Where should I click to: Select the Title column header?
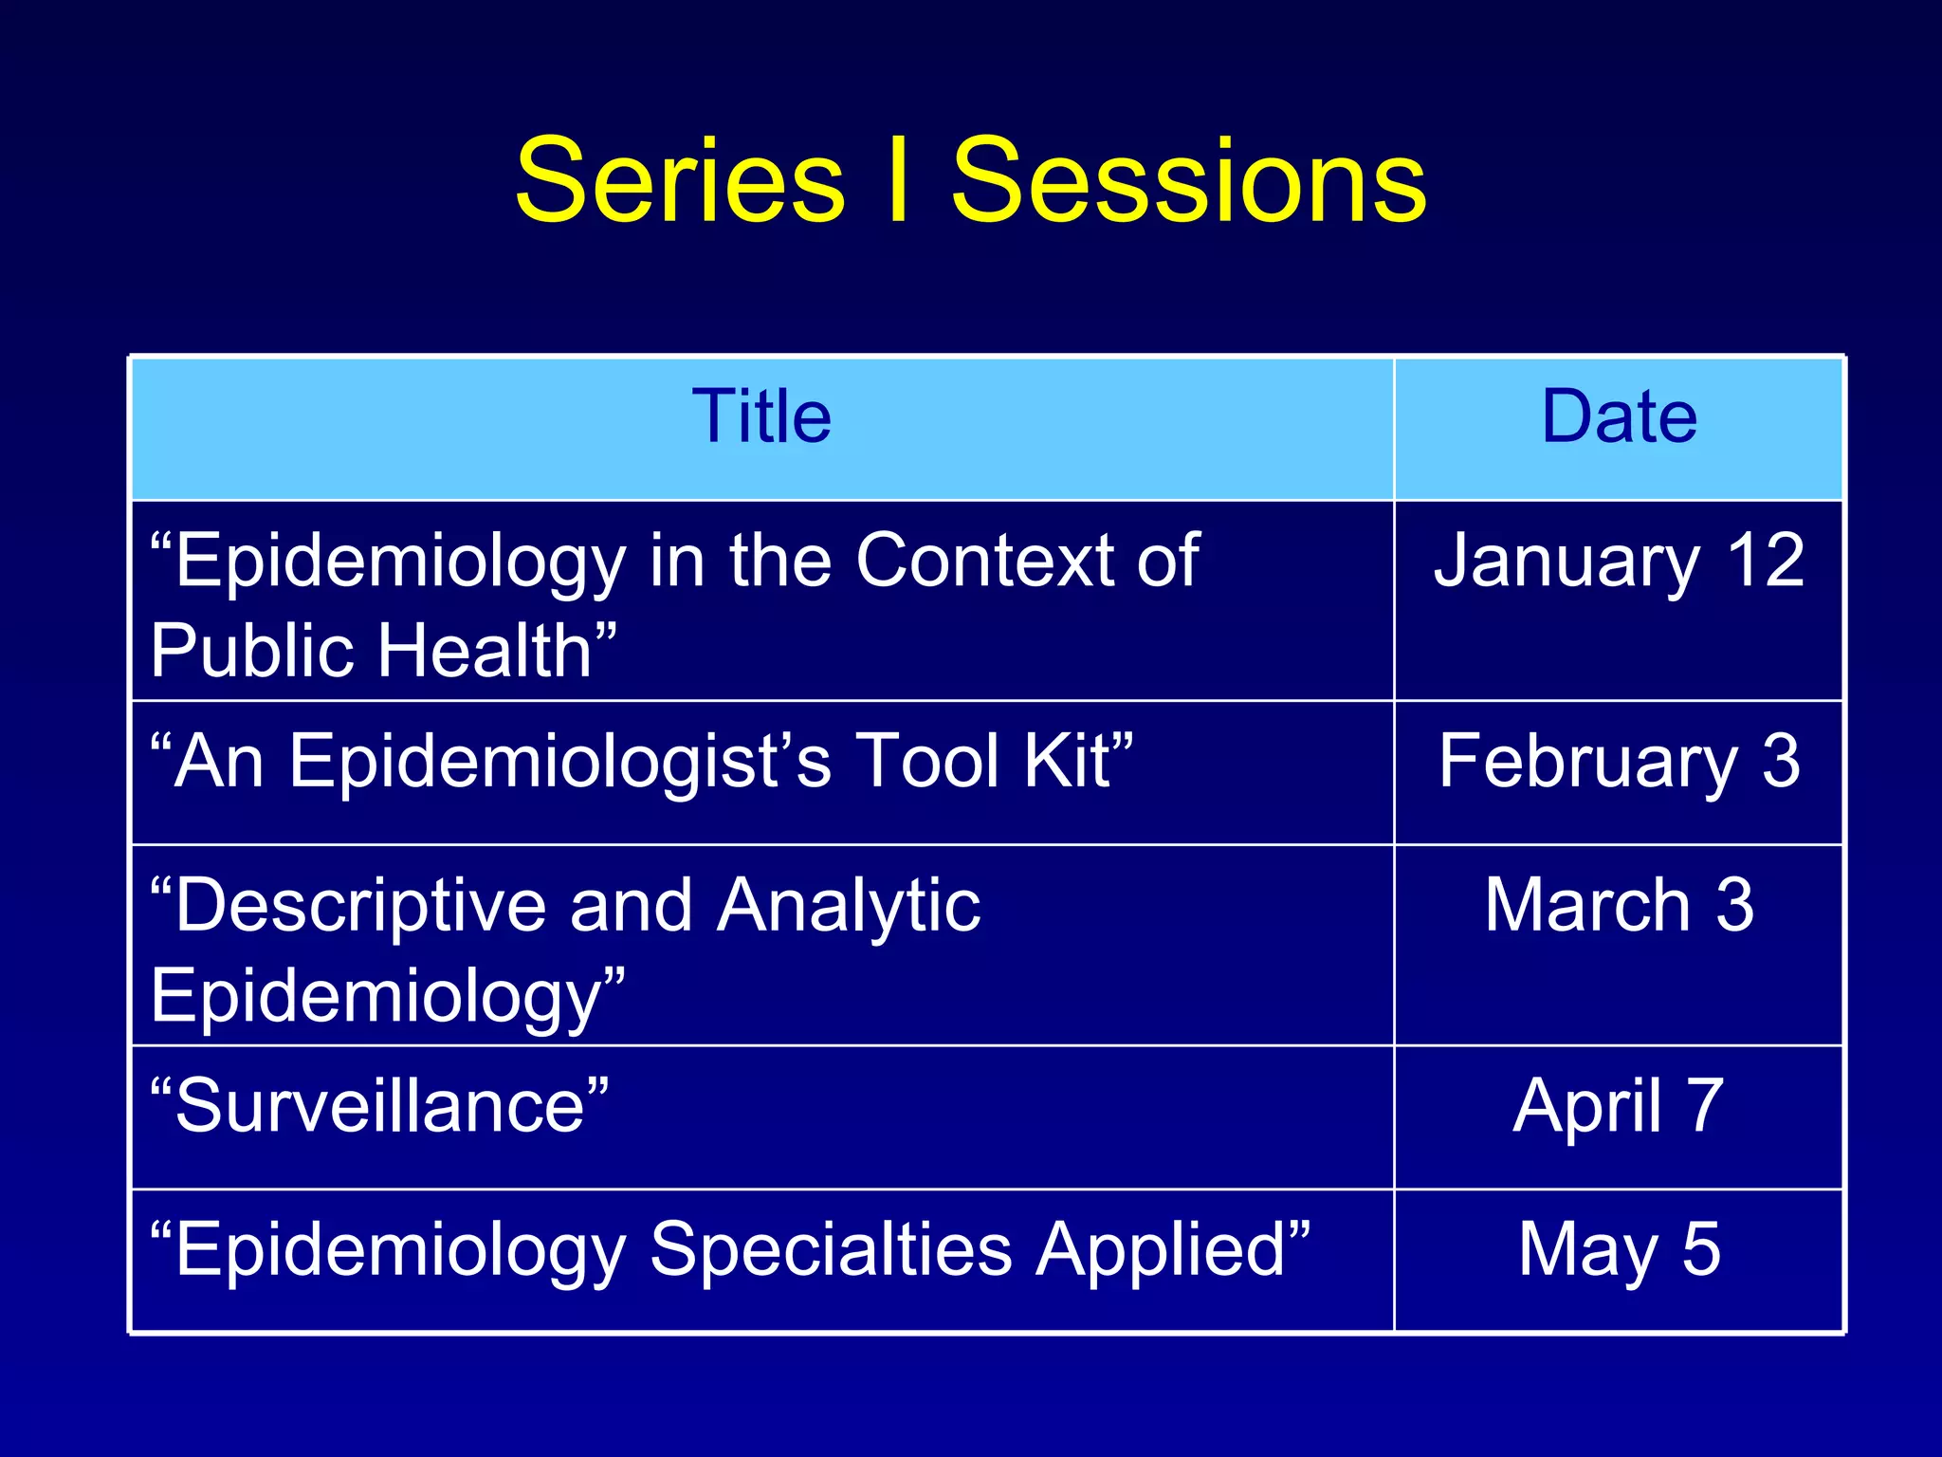[761, 417]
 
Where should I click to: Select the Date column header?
[1619, 417]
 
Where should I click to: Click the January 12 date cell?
[1619, 562]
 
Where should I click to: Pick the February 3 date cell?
[1619, 762]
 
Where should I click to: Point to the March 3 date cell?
[1619, 906]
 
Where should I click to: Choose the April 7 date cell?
[1619, 1107]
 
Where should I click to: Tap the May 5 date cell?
[1619, 1250]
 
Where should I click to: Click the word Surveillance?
[379, 1107]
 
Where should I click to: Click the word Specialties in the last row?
[831, 1250]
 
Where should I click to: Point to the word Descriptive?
[360, 908]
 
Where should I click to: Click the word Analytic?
[849, 908]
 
